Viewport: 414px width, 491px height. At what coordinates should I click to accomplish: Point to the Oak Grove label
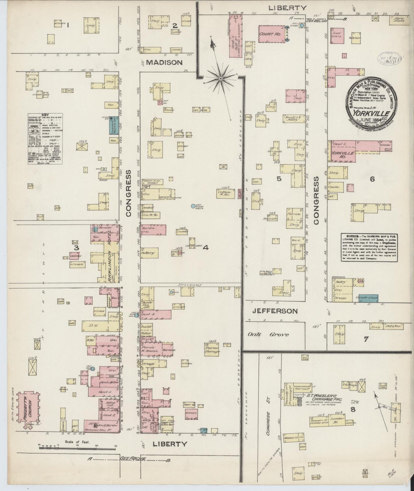click(268, 335)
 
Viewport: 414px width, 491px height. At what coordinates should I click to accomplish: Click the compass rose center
click(221, 78)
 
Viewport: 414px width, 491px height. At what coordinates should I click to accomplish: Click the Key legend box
click(45, 139)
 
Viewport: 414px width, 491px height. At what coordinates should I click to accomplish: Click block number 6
click(372, 179)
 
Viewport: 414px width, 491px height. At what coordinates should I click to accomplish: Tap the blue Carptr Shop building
click(368, 298)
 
